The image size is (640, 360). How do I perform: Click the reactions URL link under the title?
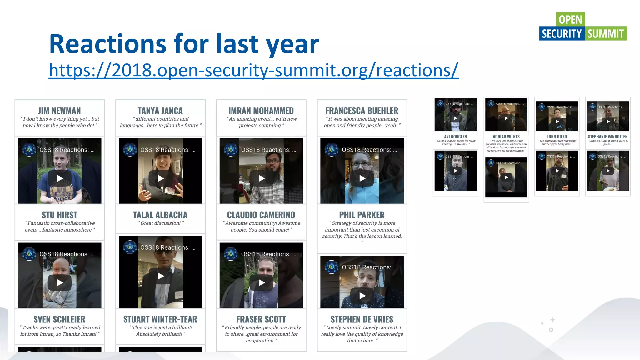(x=253, y=70)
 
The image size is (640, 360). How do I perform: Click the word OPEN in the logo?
(x=570, y=20)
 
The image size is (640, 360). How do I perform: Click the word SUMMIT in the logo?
(x=605, y=34)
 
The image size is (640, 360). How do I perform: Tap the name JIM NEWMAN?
(x=59, y=111)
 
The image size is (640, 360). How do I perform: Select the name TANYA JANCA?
(x=160, y=111)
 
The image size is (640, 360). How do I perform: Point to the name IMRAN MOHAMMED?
(x=261, y=111)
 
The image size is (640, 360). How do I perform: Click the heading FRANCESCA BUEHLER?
(x=362, y=111)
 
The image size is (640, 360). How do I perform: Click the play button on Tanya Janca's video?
(x=161, y=178)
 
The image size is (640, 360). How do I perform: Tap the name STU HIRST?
(x=59, y=215)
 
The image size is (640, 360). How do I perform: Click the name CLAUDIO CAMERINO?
(x=261, y=215)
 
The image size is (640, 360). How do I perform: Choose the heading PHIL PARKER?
(x=362, y=215)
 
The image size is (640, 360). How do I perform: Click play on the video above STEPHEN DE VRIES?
(x=362, y=296)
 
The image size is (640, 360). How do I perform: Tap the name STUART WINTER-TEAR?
(x=160, y=319)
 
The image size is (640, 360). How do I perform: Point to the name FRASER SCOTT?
(x=261, y=319)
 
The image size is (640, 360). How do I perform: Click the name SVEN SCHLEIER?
(x=59, y=319)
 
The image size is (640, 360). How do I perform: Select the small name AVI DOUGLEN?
(x=455, y=137)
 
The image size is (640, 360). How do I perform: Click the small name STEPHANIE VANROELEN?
(x=607, y=137)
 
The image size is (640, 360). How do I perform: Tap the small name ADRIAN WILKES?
(x=506, y=137)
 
